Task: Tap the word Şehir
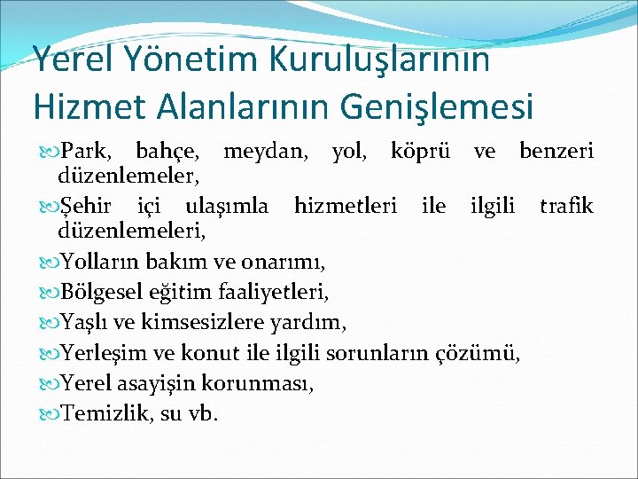point(87,208)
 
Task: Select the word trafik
point(566,207)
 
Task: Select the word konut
point(235,354)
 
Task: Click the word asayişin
point(155,383)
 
